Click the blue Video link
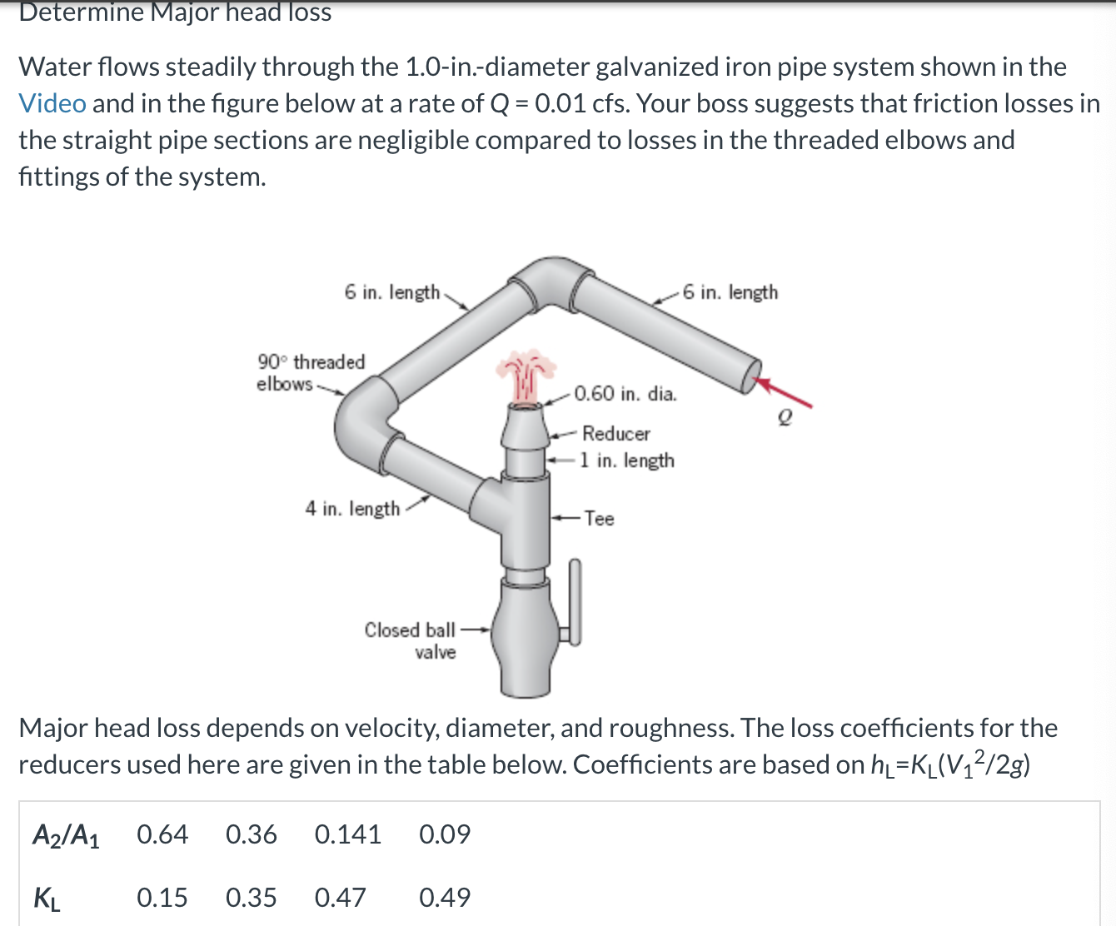click(x=52, y=103)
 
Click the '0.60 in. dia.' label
click(x=625, y=394)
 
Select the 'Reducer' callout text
click(x=616, y=434)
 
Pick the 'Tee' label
click(x=599, y=519)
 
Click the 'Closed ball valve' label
click(x=411, y=640)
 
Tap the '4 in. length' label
click(x=352, y=508)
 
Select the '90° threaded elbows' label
click(x=310, y=372)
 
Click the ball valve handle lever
click(x=574, y=600)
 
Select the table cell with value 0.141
click(x=347, y=834)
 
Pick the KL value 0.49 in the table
click(x=445, y=897)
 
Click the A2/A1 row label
click(x=66, y=834)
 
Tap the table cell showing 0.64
click(x=162, y=834)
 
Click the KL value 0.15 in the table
click(x=162, y=897)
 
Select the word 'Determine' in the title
click(x=81, y=12)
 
